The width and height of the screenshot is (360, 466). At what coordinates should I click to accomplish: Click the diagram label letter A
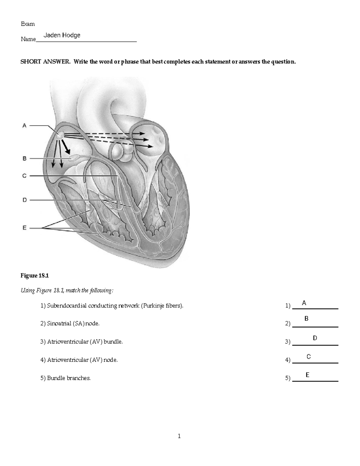[25, 126]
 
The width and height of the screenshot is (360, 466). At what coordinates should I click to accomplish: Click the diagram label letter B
[25, 158]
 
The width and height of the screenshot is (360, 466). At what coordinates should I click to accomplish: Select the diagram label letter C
[25, 176]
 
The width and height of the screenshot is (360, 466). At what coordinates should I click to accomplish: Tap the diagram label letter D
[25, 200]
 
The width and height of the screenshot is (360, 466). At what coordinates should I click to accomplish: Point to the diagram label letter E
[25, 228]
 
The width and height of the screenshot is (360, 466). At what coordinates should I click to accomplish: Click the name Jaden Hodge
[62, 35]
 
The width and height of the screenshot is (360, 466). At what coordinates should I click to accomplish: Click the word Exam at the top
[28, 24]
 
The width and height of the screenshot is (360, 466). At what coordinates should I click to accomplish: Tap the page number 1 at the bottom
[179, 436]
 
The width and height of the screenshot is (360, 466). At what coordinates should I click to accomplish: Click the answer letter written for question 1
[304, 303]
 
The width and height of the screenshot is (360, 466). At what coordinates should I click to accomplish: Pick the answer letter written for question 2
[306, 319]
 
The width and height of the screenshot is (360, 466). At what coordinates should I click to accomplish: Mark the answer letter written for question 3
[315, 338]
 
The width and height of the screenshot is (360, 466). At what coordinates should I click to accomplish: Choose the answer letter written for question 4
[308, 357]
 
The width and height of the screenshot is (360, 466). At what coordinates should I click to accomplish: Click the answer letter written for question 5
[307, 375]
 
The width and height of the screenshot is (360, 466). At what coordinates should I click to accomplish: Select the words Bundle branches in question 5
[69, 378]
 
